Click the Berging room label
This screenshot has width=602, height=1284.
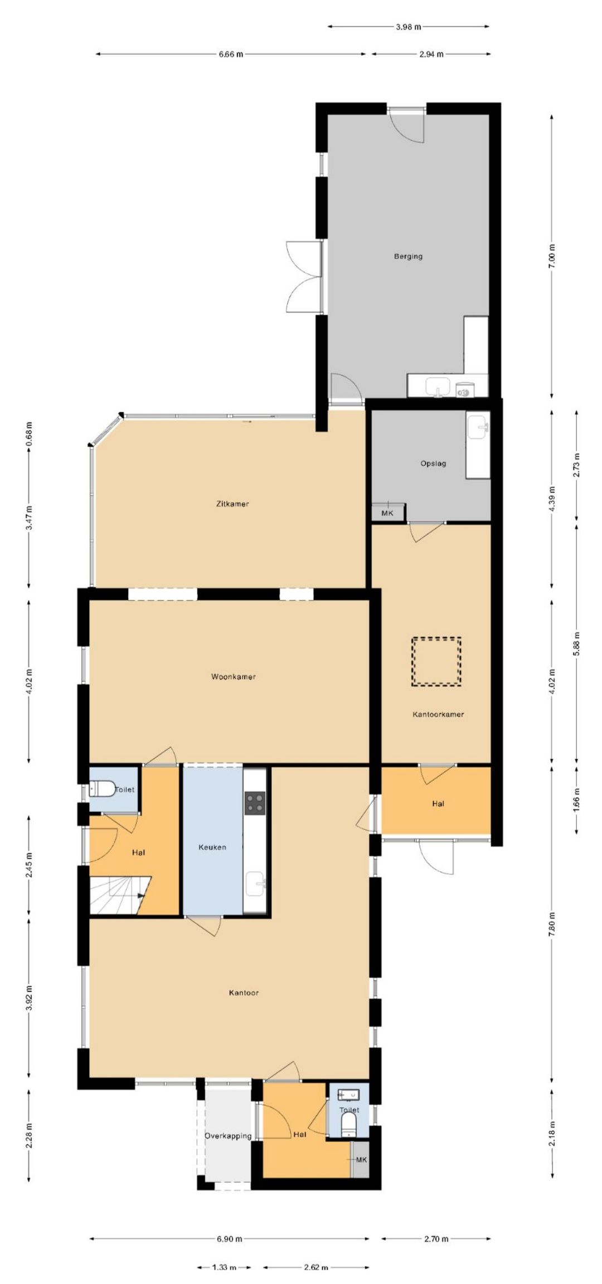click(408, 256)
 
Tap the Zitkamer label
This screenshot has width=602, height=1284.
click(232, 504)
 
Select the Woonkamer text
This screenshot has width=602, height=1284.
click(233, 676)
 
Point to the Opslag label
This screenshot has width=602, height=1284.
click(433, 463)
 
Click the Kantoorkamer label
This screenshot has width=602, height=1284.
click(438, 714)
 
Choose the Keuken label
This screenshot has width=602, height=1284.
click(212, 847)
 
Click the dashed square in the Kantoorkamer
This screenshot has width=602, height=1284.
click(436, 661)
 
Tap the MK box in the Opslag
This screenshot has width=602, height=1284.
click(387, 513)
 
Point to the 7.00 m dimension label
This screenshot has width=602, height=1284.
click(552, 257)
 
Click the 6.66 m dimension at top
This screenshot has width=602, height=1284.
click(231, 54)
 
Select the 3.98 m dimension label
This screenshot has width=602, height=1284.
click(409, 26)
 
